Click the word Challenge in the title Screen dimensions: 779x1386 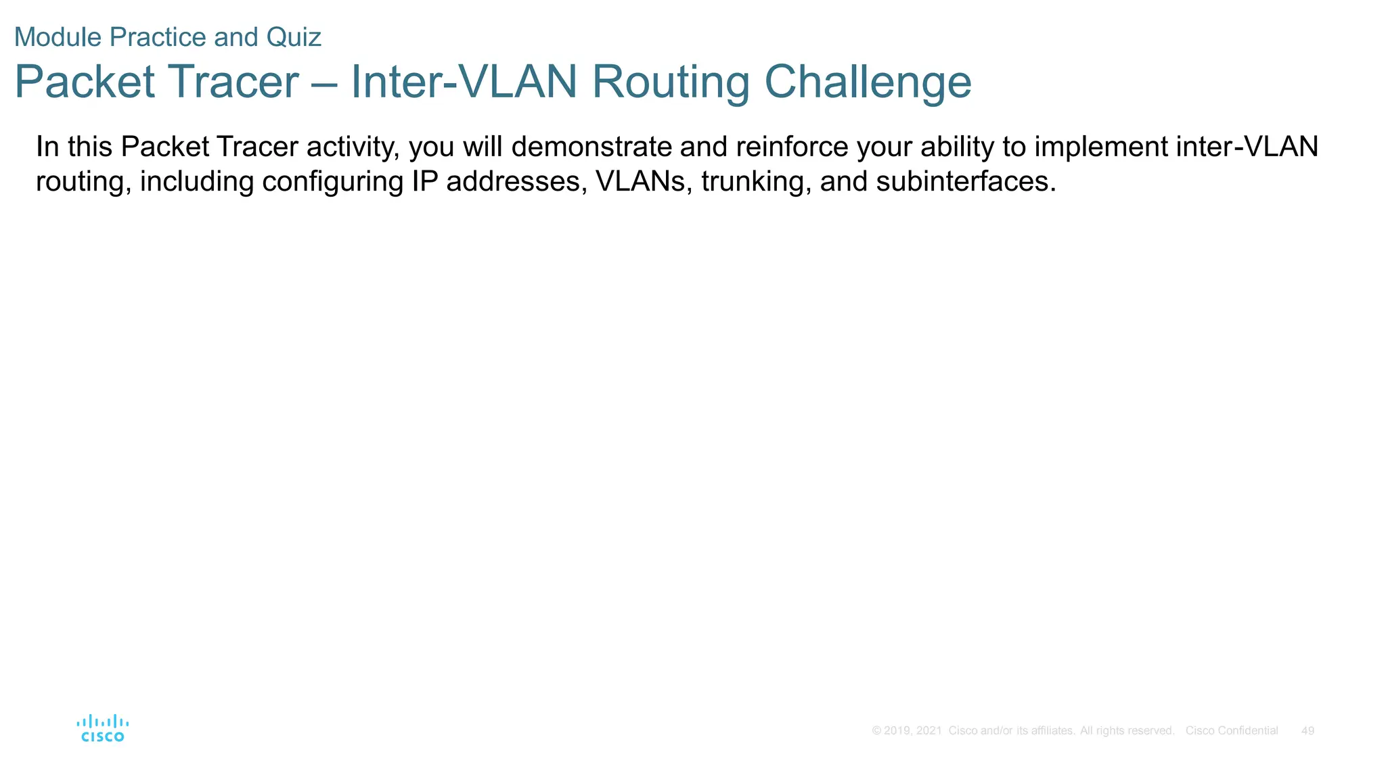[868, 82]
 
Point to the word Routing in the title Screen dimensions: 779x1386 [671, 82]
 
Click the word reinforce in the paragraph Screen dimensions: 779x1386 [792, 147]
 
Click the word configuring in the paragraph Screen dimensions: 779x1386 [332, 182]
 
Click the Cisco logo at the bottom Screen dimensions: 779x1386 [103, 728]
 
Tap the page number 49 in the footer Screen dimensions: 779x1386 [1307, 731]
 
